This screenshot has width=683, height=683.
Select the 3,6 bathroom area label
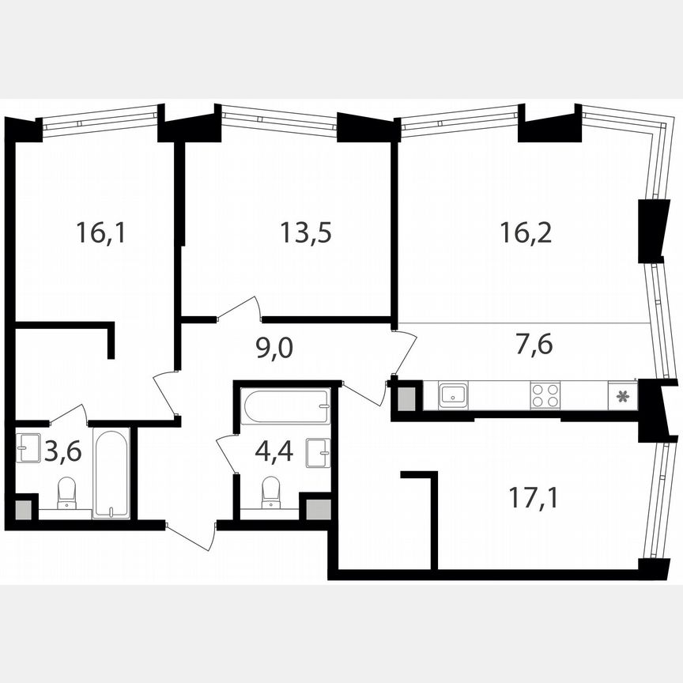point(63,453)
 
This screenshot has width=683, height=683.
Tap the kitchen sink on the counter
point(453,394)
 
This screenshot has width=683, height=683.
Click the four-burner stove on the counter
point(545,394)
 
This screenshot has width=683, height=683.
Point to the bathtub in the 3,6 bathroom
point(111,473)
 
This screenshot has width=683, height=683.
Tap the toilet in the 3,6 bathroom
point(66,492)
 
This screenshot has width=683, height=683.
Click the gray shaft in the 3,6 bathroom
point(24,508)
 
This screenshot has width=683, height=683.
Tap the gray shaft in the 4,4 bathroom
point(318,508)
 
